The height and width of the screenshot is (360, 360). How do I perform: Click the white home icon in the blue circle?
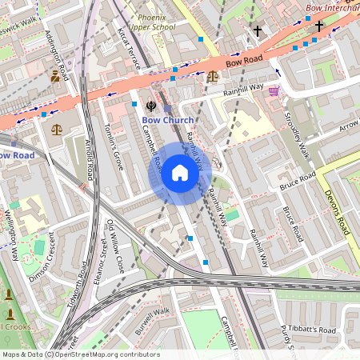point(180,173)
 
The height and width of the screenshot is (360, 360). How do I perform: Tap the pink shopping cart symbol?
point(274,90)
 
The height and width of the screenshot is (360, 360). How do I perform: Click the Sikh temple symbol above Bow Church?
point(150,105)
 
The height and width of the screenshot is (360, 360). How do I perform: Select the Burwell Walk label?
point(153,322)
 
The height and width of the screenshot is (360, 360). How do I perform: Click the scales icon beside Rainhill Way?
point(212,76)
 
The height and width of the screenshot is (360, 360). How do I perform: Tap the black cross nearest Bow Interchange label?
point(318,26)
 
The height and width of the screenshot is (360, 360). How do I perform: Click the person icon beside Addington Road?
point(54,76)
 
